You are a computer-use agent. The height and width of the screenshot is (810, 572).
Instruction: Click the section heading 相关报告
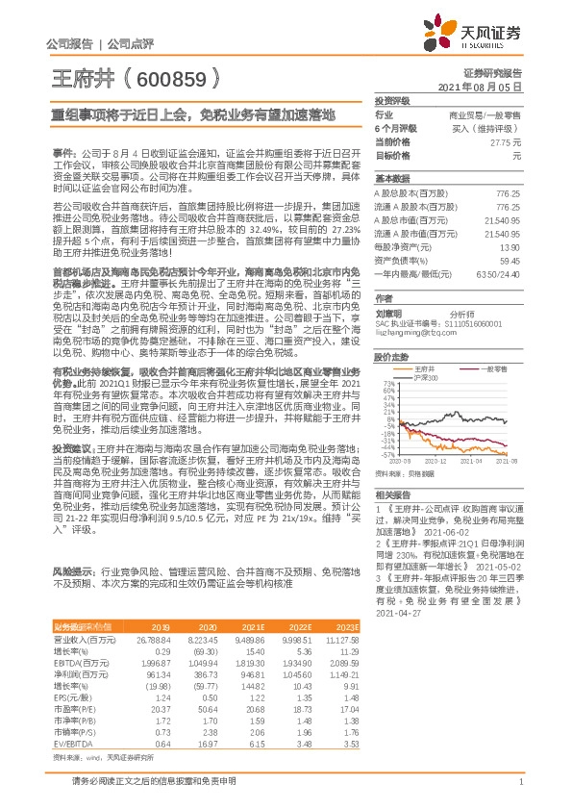pyautogui.click(x=392, y=493)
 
